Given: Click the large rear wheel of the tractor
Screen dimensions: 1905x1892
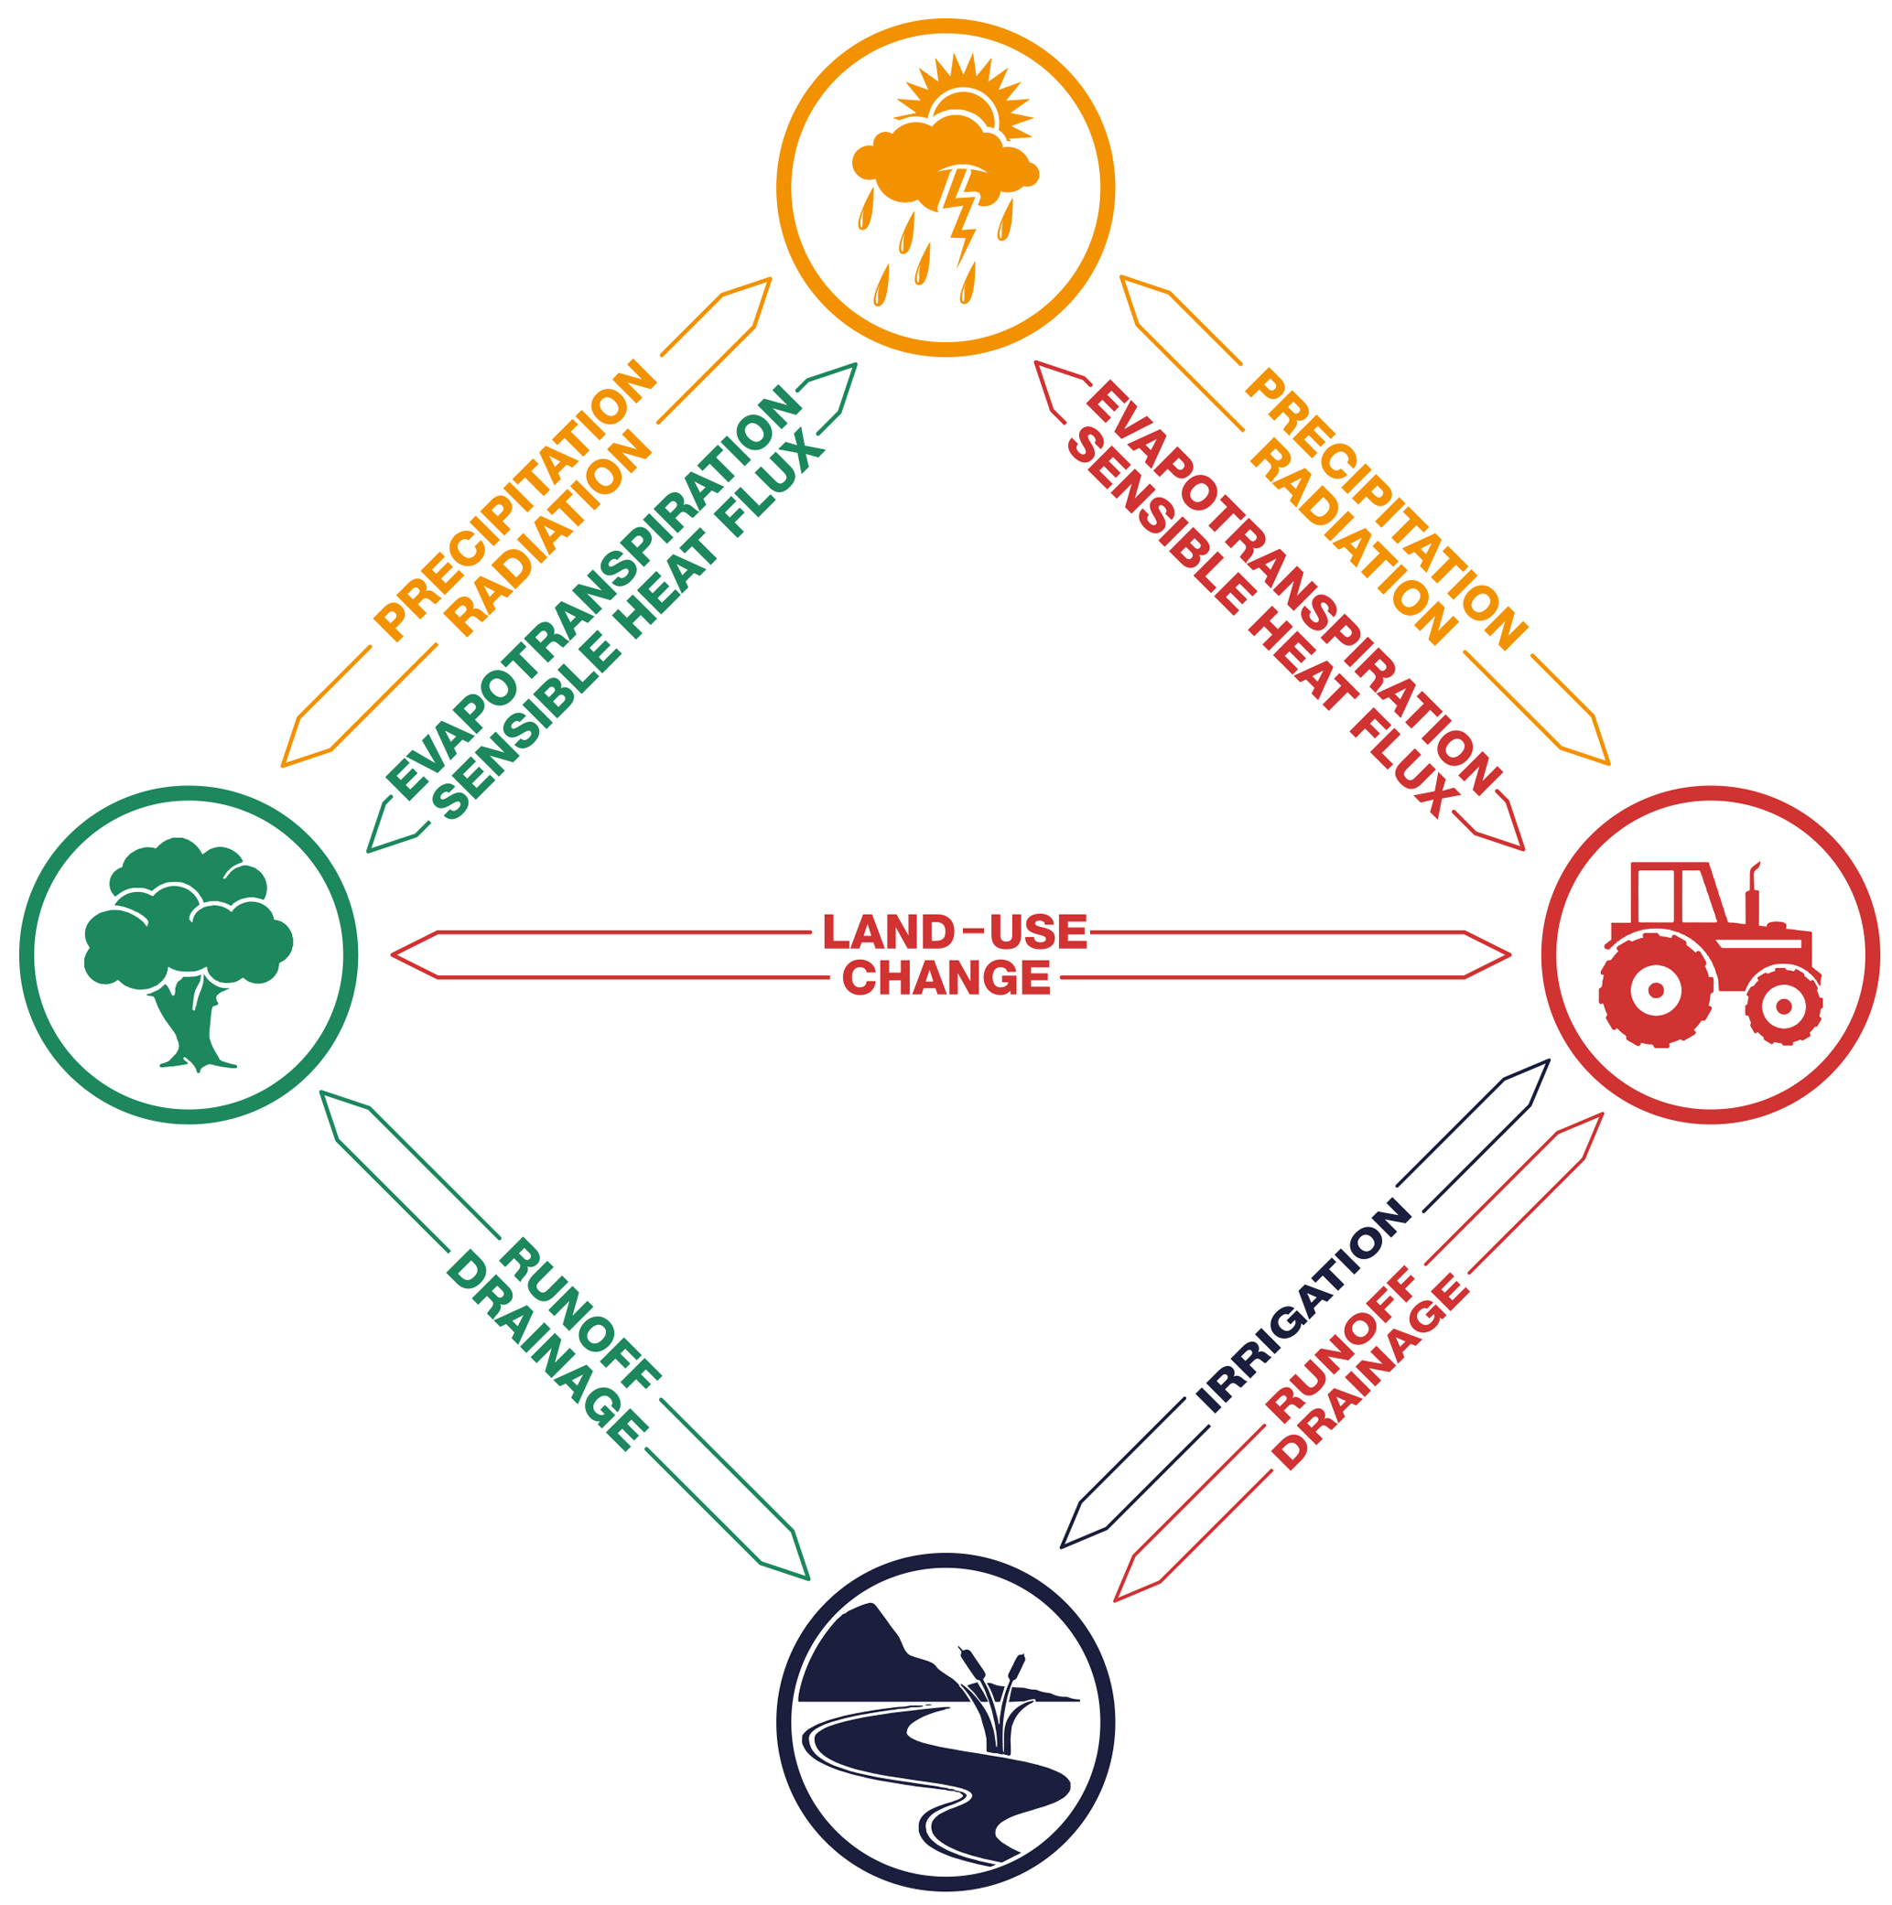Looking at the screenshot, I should pyautogui.click(x=1654, y=989).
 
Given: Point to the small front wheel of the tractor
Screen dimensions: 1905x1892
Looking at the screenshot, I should pyautogui.click(x=1782, y=1006).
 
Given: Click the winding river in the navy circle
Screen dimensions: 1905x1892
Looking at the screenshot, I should pyautogui.click(x=937, y=1775).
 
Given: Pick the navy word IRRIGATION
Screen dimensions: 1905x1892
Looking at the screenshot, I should pyautogui.click(x=1303, y=1307).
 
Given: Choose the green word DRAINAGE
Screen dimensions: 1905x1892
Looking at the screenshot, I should pyautogui.click(x=546, y=1350).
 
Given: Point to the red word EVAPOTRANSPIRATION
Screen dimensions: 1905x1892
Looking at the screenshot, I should pyautogui.click(x=1292, y=587).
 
